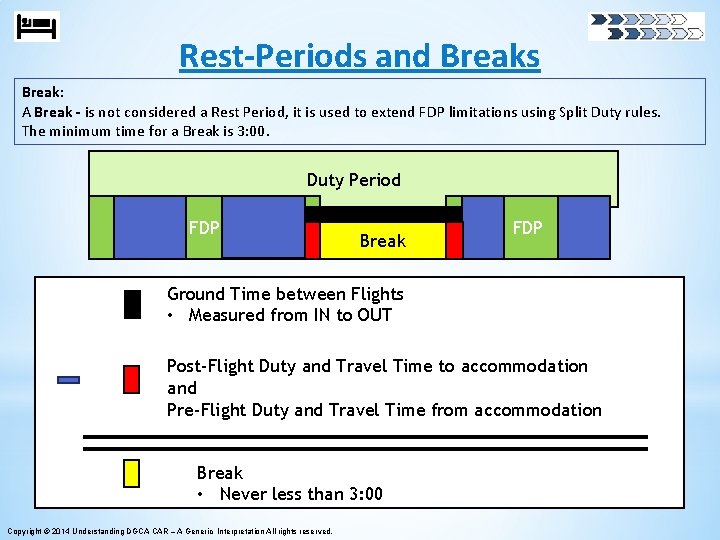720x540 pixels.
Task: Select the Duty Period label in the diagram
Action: pyautogui.click(x=353, y=180)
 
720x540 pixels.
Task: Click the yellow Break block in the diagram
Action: pyautogui.click(x=383, y=241)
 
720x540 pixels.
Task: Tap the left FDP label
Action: pyautogui.click(x=204, y=228)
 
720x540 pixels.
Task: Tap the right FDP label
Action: pyautogui.click(x=527, y=228)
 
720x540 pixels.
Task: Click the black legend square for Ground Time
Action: pyautogui.click(x=132, y=304)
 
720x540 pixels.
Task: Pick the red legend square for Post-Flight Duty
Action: pyautogui.click(x=131, y=379)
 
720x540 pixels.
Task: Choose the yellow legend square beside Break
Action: pyautogui.click(x=131, y=473)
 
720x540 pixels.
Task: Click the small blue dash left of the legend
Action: pyautogui.click(x=69, y=380)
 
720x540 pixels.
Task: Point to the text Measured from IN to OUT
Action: pyautogui.click(x=290, y=315)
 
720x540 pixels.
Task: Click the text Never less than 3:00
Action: pyautogui.click(x=301, y=494)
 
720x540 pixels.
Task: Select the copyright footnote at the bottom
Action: pyautogui.click(x=169, y=530)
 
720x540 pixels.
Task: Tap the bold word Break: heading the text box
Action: pyautogui.click(x=42, y=91)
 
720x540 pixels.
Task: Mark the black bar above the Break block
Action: pyautogui.click(x=383, y=214)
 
